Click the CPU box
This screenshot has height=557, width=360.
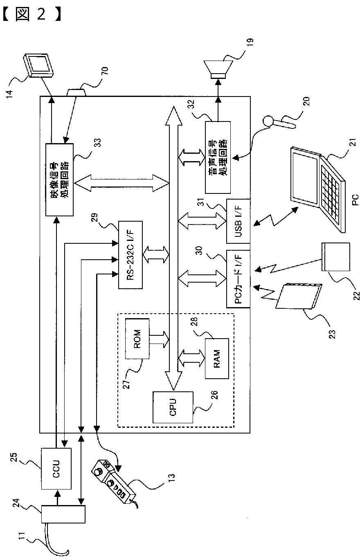click(173, 407)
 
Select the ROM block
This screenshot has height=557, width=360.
click(137, 339)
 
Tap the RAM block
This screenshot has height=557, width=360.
click(217, 358)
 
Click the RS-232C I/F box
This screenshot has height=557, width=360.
click(130, 255)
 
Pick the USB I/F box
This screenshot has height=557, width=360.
click(238, 221)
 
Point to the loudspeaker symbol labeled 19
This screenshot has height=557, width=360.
click(218, 70)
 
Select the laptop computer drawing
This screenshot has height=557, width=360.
click(318, 189)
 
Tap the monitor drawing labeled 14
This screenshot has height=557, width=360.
click(38, 65)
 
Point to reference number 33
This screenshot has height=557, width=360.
click(98, 143)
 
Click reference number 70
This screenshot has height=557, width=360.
click(105, 71)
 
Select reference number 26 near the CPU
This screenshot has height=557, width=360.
click(214, 395)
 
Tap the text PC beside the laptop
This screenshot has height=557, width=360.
click(355, 200)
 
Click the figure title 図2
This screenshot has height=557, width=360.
click(31, 13)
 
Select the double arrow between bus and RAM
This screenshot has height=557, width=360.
click(191, 358)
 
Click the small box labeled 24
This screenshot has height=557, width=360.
click(63, 514)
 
